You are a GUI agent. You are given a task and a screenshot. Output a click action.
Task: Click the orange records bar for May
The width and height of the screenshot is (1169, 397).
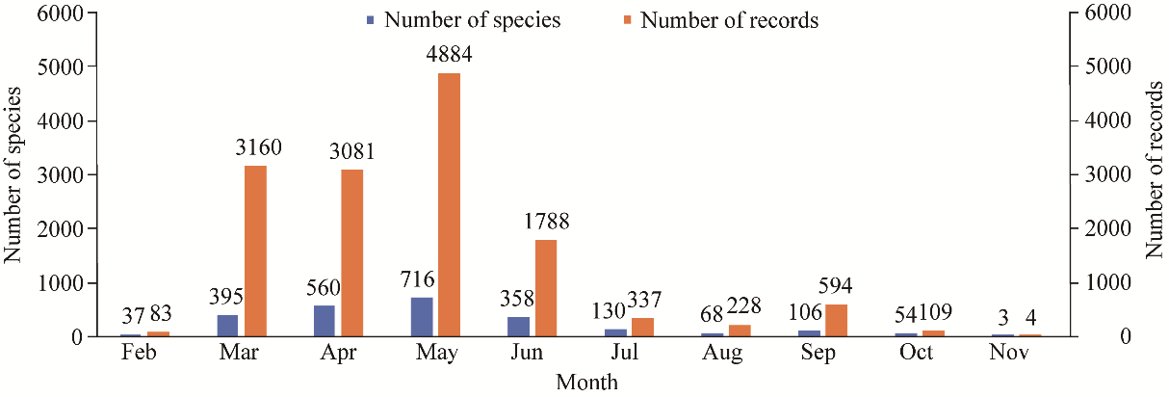pos(449,204)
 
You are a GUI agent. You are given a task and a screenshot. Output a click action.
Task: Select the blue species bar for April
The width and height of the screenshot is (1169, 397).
pos(324,321)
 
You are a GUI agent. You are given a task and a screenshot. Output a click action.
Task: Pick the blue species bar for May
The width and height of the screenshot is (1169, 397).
pos(421,317)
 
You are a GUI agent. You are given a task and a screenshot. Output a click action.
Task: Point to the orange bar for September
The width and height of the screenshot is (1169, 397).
pos(836,320)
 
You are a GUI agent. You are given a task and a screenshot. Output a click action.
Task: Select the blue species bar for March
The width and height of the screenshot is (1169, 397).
pos(227,326)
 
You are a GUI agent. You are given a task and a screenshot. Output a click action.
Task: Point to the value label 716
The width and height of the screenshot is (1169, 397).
pos(417,280)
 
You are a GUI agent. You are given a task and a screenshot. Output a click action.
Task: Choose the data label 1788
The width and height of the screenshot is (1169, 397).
pos(547,222)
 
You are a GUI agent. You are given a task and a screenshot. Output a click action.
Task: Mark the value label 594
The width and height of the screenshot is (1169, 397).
pos(837,287)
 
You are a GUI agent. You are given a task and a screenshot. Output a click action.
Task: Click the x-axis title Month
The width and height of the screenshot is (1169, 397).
pos(586,382)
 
